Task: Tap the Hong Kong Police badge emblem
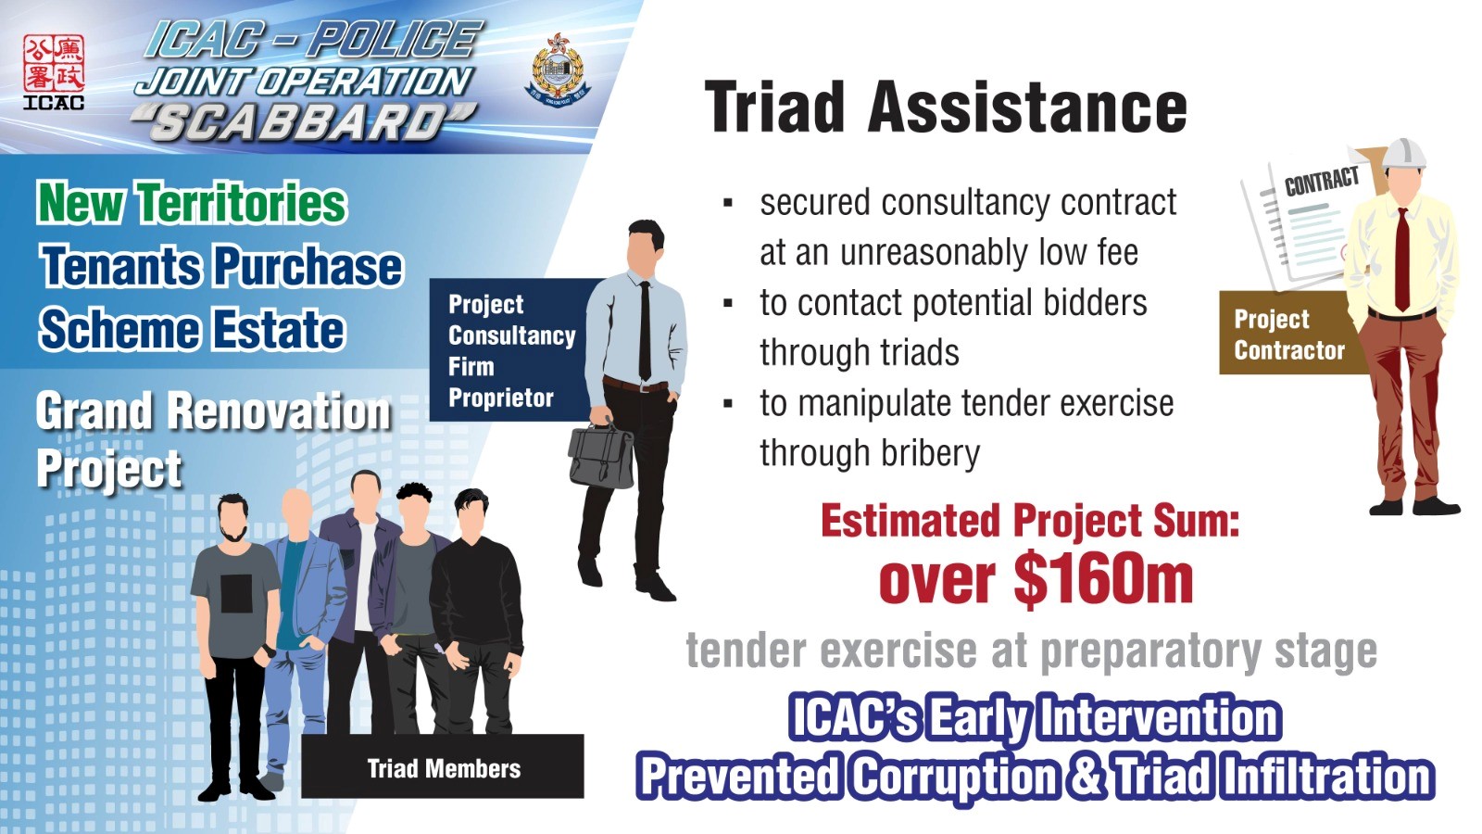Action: point(558,69)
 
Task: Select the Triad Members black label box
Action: point(443,766)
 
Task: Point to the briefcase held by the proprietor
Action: point(600,454)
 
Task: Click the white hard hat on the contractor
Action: point(1404,154)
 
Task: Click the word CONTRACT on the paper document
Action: point(1321,181)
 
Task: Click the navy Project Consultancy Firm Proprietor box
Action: point(509,350)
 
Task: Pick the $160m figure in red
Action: point(1103,580)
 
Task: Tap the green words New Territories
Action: point(192,203)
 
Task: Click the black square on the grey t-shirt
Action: point(236,593)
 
